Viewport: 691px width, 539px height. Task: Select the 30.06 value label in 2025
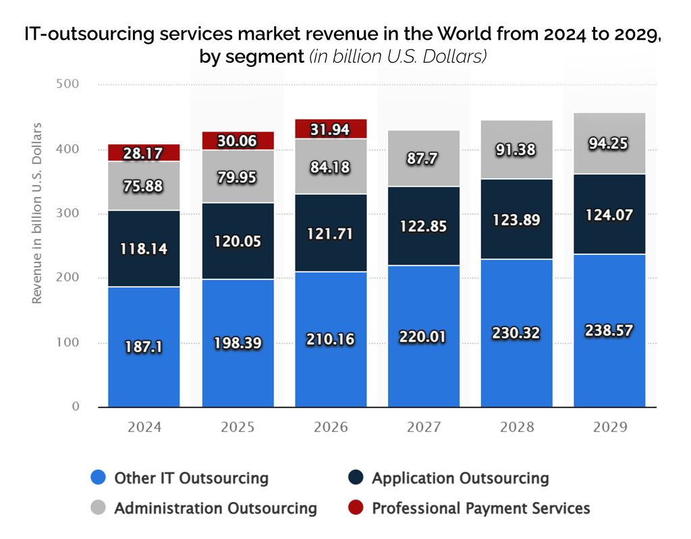pyautogui.click(x=238, y=140)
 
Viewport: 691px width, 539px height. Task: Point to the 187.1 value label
pyautogui.click(x=144, y=347)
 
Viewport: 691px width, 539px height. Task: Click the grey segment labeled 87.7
pyautogui.click(x=423, y=158)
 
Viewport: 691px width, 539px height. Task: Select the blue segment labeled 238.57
pyautogui.click(x=609, y=331)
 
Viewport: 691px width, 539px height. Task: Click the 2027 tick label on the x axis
pyautogui.click(x=424, y=428)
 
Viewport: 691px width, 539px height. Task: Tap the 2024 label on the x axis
pyautogui.click(x=144, y=428)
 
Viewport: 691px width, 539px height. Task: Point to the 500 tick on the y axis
pyautogui.click(x=70, y=84)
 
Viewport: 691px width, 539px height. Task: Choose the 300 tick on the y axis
pyautogui.click(x=70, y=214)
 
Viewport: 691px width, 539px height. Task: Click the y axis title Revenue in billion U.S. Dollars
pyautogui.click(x=38, y=212)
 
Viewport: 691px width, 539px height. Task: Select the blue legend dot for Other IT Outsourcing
pyautogui.click(x=99, y=478)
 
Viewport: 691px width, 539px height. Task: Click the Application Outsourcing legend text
pyautogui.click(x=460, y=478)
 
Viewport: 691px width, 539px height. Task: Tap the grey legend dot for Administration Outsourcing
pyautogui.click(x=99, y=508)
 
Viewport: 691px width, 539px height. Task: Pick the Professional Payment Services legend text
pyautogui.click(x=481, y=508)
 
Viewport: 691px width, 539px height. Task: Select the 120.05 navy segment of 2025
pyautogui.click(x=238, y=241)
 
